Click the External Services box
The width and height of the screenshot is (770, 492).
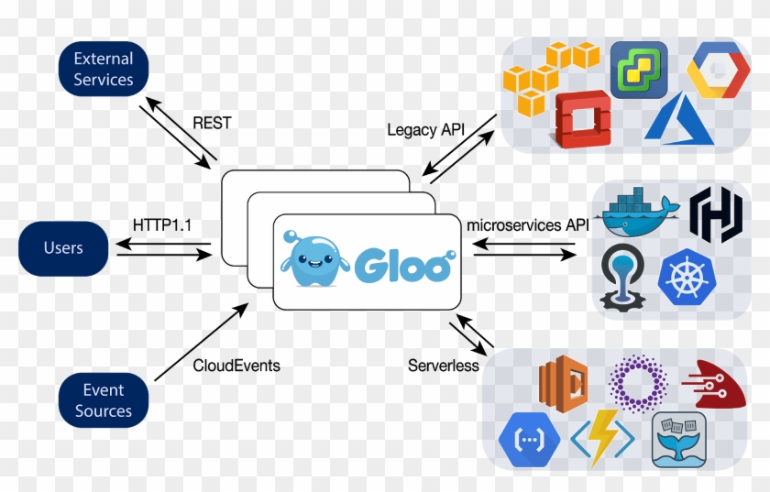(x=104, y=69)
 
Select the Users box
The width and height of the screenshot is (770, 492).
(x=63, y=248)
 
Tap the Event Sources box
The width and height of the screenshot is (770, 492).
(x=104, y=400)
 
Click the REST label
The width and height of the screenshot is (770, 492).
(x=213, y=123)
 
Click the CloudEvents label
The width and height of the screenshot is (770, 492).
(x=236, y=366)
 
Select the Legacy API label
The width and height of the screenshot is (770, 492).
(x=425, y=130)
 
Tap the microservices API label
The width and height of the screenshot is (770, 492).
(x=527, y=224)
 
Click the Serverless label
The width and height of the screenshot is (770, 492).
(x=444, y=366)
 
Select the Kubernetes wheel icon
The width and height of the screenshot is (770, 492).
(x=686, y=279)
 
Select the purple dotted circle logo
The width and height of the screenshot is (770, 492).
(x=638, y=383)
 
